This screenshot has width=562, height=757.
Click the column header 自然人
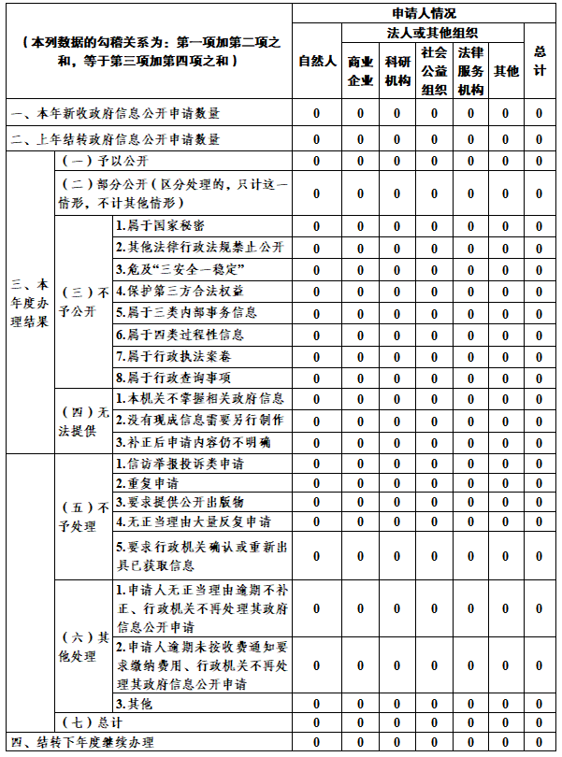[x=317, y=62]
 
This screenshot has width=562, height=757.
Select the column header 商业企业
[x=361, y=71]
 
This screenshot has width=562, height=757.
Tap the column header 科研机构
[x=396, y=71]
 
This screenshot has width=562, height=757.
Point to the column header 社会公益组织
[x=434, y=71]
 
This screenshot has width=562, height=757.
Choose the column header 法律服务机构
[x=470, y=71]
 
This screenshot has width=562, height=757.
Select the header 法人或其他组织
[x=433, y=33]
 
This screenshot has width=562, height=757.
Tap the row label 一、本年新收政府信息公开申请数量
[x=117, y=113]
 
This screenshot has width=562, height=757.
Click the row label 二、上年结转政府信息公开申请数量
[x=117, y=139]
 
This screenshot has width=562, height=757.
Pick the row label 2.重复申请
[x=147, y=483]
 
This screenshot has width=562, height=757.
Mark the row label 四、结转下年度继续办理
[x=80, y=743]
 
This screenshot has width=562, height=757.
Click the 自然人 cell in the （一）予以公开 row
[x=317, y=161]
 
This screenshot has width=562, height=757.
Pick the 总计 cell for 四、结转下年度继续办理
[x=540, y=743]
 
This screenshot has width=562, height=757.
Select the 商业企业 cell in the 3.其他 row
[x=361, y=703]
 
